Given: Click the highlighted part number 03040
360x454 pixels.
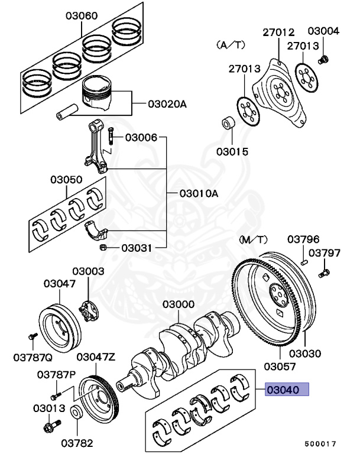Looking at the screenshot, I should [x=287, y=390].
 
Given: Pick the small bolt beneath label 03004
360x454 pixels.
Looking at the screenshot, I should [x=323, y=60].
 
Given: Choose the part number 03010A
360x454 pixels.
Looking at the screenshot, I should [x=199, y=193].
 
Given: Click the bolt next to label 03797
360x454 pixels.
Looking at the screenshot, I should [x=323, y=274].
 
